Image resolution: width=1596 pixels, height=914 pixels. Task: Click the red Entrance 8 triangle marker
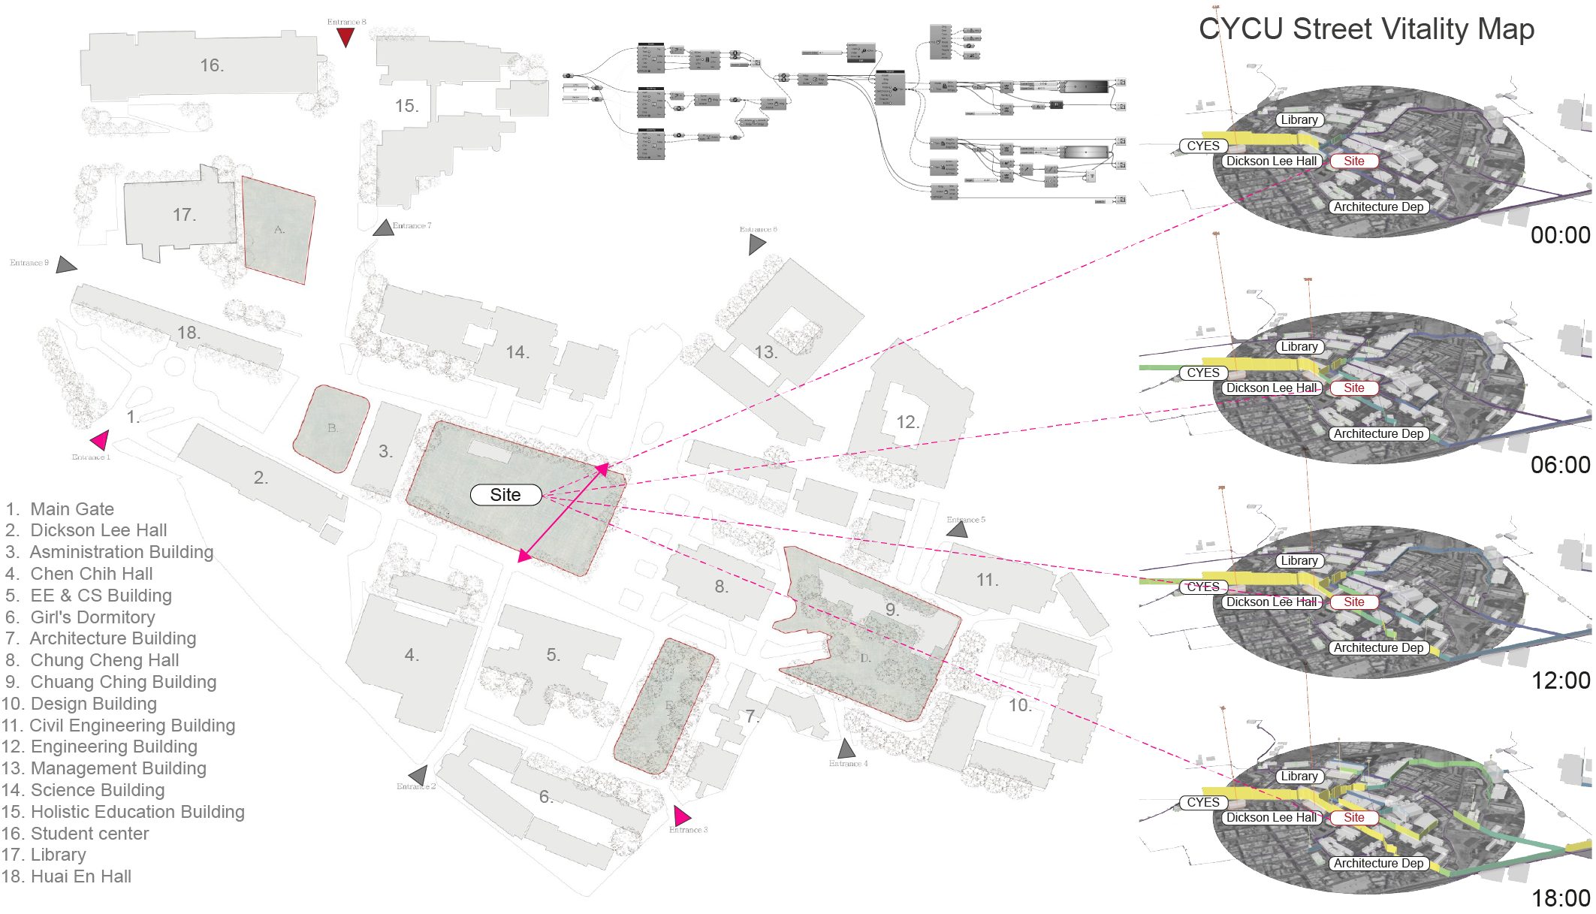345,36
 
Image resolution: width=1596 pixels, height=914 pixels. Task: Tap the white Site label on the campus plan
505,495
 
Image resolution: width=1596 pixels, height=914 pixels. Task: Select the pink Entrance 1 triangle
100,439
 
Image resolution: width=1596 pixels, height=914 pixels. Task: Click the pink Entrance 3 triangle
681,816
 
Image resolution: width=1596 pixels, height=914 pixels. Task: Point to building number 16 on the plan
211,66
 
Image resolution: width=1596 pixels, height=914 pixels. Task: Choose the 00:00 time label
1560,235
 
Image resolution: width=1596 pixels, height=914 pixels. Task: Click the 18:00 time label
1561,897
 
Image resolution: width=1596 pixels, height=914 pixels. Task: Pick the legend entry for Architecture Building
113,638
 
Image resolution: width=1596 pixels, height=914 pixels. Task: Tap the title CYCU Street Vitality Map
1366,29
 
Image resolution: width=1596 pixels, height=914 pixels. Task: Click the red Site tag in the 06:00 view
1354,388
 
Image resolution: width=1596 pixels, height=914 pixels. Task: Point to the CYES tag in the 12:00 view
1202,587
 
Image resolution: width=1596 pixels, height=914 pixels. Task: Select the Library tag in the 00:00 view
1299,120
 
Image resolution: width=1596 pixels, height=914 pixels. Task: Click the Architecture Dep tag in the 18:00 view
1378,864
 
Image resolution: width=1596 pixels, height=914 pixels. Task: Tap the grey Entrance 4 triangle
846,749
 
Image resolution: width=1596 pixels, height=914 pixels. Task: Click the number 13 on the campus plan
765,352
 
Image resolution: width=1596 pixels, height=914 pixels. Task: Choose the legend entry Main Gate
71,509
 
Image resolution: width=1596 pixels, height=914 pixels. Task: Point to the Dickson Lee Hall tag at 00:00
1271,161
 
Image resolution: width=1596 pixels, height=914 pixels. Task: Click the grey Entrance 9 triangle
66,264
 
